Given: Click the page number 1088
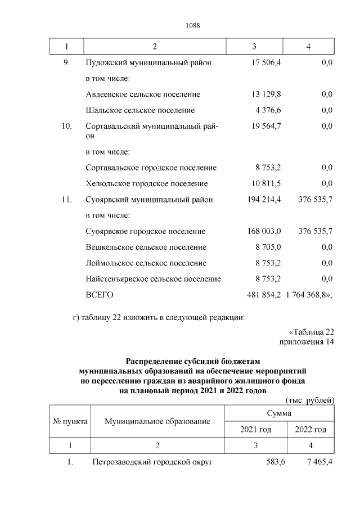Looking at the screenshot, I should tap(192, 26).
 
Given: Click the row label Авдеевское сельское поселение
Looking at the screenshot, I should tap(143, 94).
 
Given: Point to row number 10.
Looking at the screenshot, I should tap(66, 127).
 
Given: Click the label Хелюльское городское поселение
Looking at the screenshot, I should tap(147, 184).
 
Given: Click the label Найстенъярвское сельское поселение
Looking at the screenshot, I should tap(153, 279).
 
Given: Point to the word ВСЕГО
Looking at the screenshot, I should tap(100, 295).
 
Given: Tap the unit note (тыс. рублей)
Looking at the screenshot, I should tap(310, 400).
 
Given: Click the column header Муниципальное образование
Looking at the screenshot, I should tap(157, 421).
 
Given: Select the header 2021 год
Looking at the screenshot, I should tap(255, 430).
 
